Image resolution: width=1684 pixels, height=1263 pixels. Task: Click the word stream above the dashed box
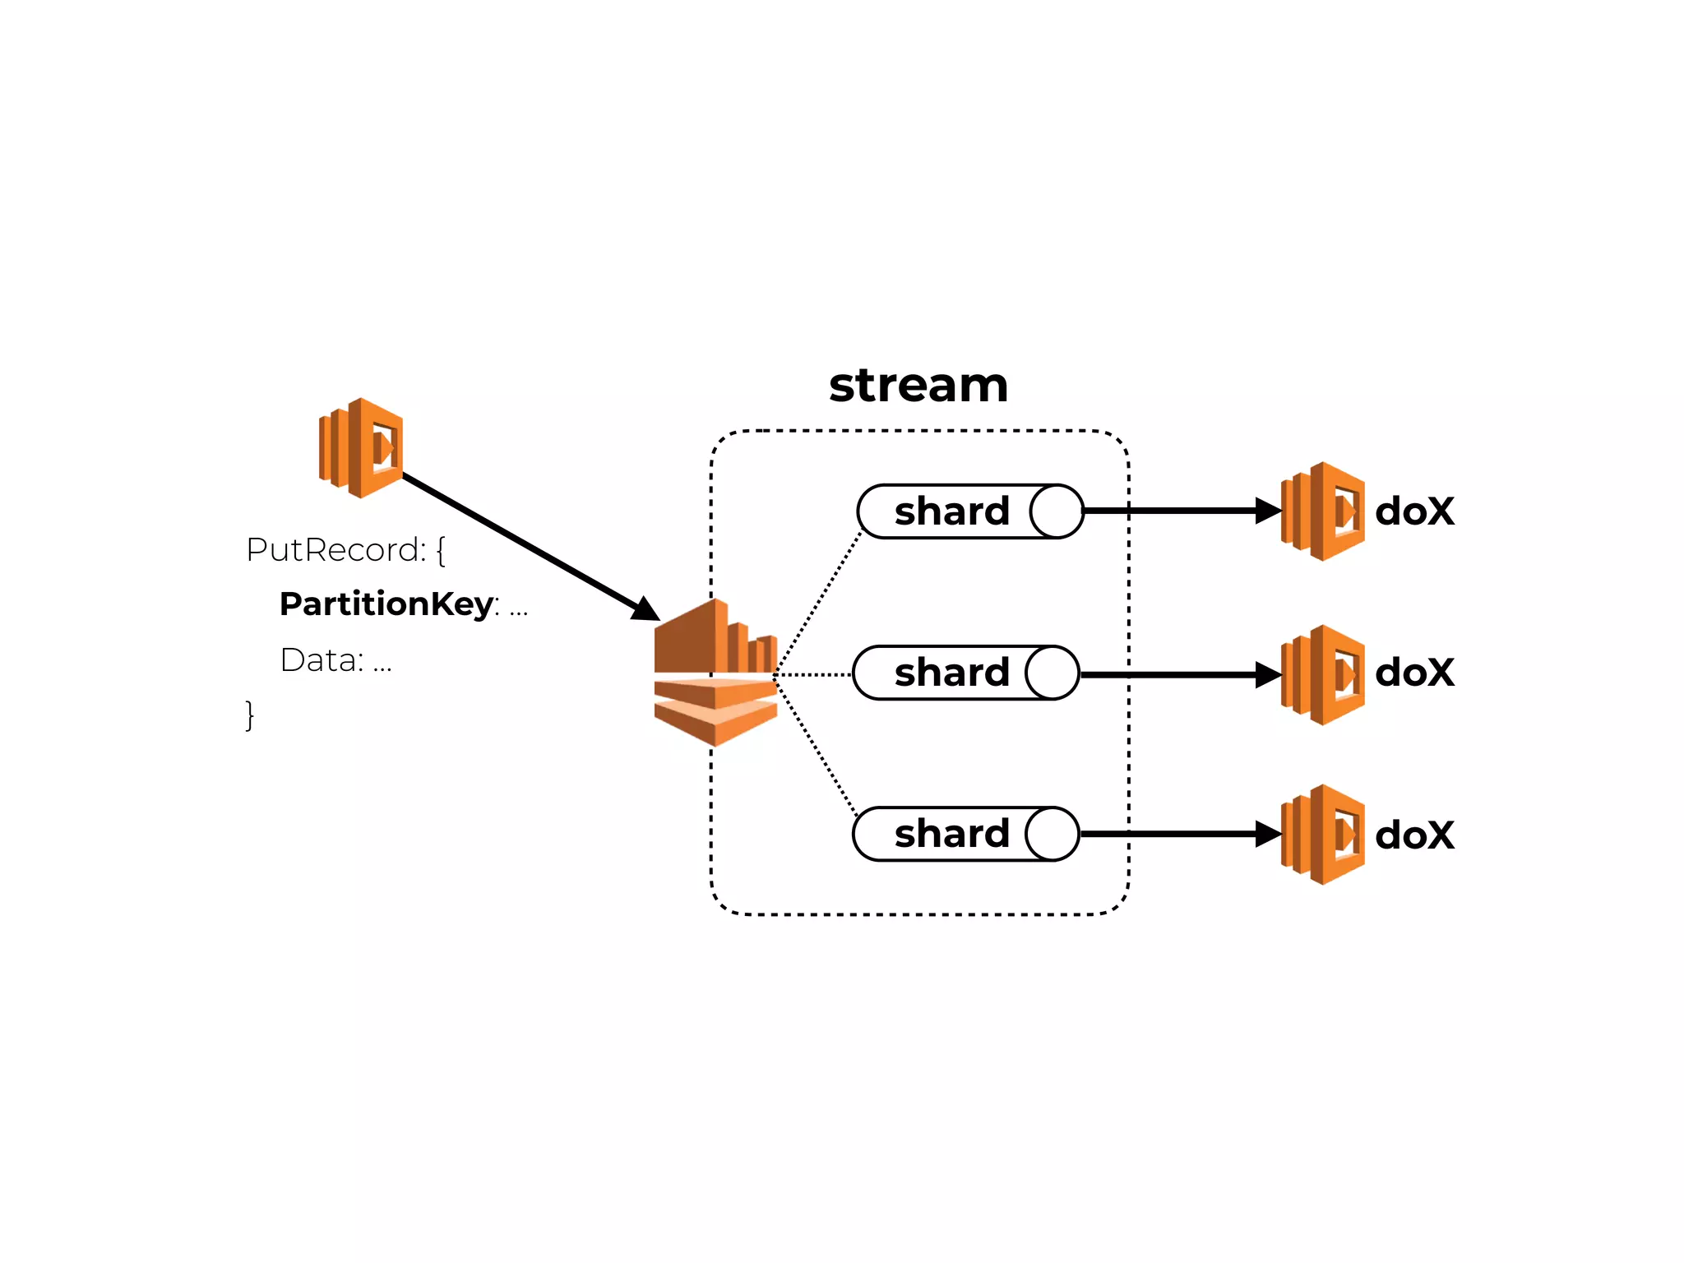918,386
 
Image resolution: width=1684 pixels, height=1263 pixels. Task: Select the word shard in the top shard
951,511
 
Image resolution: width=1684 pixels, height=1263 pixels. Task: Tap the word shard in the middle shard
951,673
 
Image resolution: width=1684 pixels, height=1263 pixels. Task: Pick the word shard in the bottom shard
951,834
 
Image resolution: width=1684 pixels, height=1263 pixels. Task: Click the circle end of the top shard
1057,511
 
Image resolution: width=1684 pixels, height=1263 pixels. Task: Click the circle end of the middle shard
1052,673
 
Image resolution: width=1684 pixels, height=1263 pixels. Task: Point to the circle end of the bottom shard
1052,834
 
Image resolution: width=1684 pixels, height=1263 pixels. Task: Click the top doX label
1414,511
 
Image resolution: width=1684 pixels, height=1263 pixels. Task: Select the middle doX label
1414,673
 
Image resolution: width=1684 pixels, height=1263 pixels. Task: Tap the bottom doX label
1414,835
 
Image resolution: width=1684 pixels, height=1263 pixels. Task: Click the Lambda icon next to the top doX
1323,511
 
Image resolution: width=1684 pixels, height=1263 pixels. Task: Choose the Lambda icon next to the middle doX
1323,674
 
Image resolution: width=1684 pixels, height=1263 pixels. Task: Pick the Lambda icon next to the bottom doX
1323,835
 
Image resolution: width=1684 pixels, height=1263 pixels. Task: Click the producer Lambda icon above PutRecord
361,448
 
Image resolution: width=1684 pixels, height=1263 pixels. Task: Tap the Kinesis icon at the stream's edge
715,673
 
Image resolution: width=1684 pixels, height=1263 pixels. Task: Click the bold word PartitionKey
386,604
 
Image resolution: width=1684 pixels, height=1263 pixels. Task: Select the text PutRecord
335,550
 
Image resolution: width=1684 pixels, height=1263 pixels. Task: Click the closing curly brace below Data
250,715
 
